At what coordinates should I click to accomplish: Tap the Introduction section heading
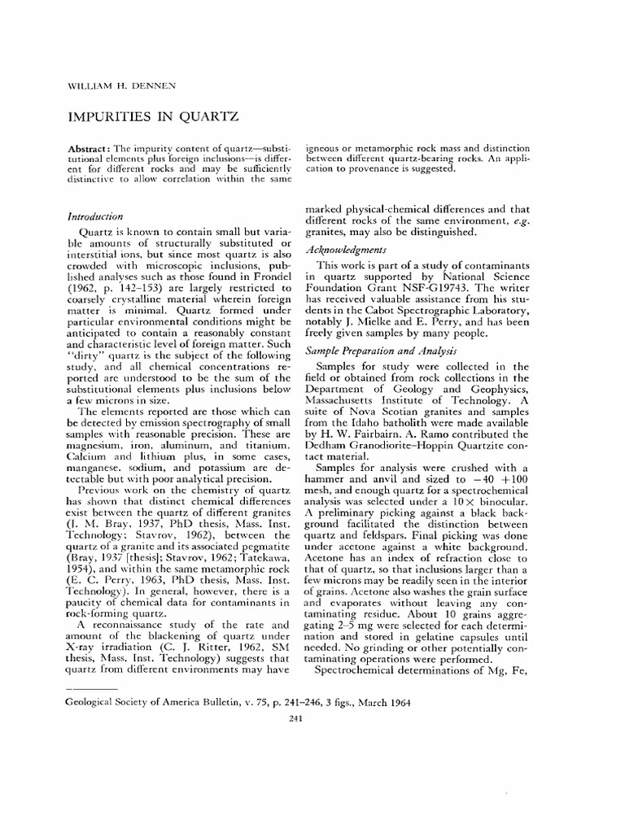[x=94, y=217]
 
